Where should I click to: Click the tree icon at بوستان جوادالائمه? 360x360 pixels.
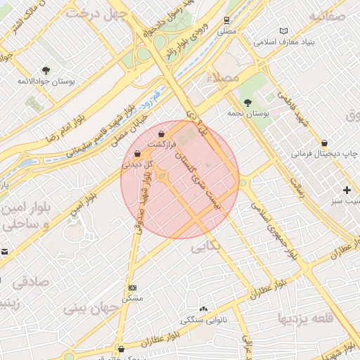(46, 70)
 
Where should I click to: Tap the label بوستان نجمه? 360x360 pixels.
(240, 112)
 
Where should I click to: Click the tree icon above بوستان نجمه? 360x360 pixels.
(248, 103)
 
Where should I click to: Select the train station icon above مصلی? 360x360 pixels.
(226, 21)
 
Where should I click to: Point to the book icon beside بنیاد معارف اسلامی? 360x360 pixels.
(284, 32)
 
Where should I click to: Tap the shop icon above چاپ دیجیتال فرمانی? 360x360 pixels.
(324, 143)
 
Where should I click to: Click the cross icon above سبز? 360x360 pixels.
(347, 190)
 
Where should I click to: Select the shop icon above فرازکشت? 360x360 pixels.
(162, 134)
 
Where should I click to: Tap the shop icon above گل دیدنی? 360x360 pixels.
(137, 153)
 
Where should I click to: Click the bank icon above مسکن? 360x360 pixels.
(133, 288)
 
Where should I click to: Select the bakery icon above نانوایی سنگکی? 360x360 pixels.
(204, 309)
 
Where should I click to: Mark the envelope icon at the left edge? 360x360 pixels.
(4, 251)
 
